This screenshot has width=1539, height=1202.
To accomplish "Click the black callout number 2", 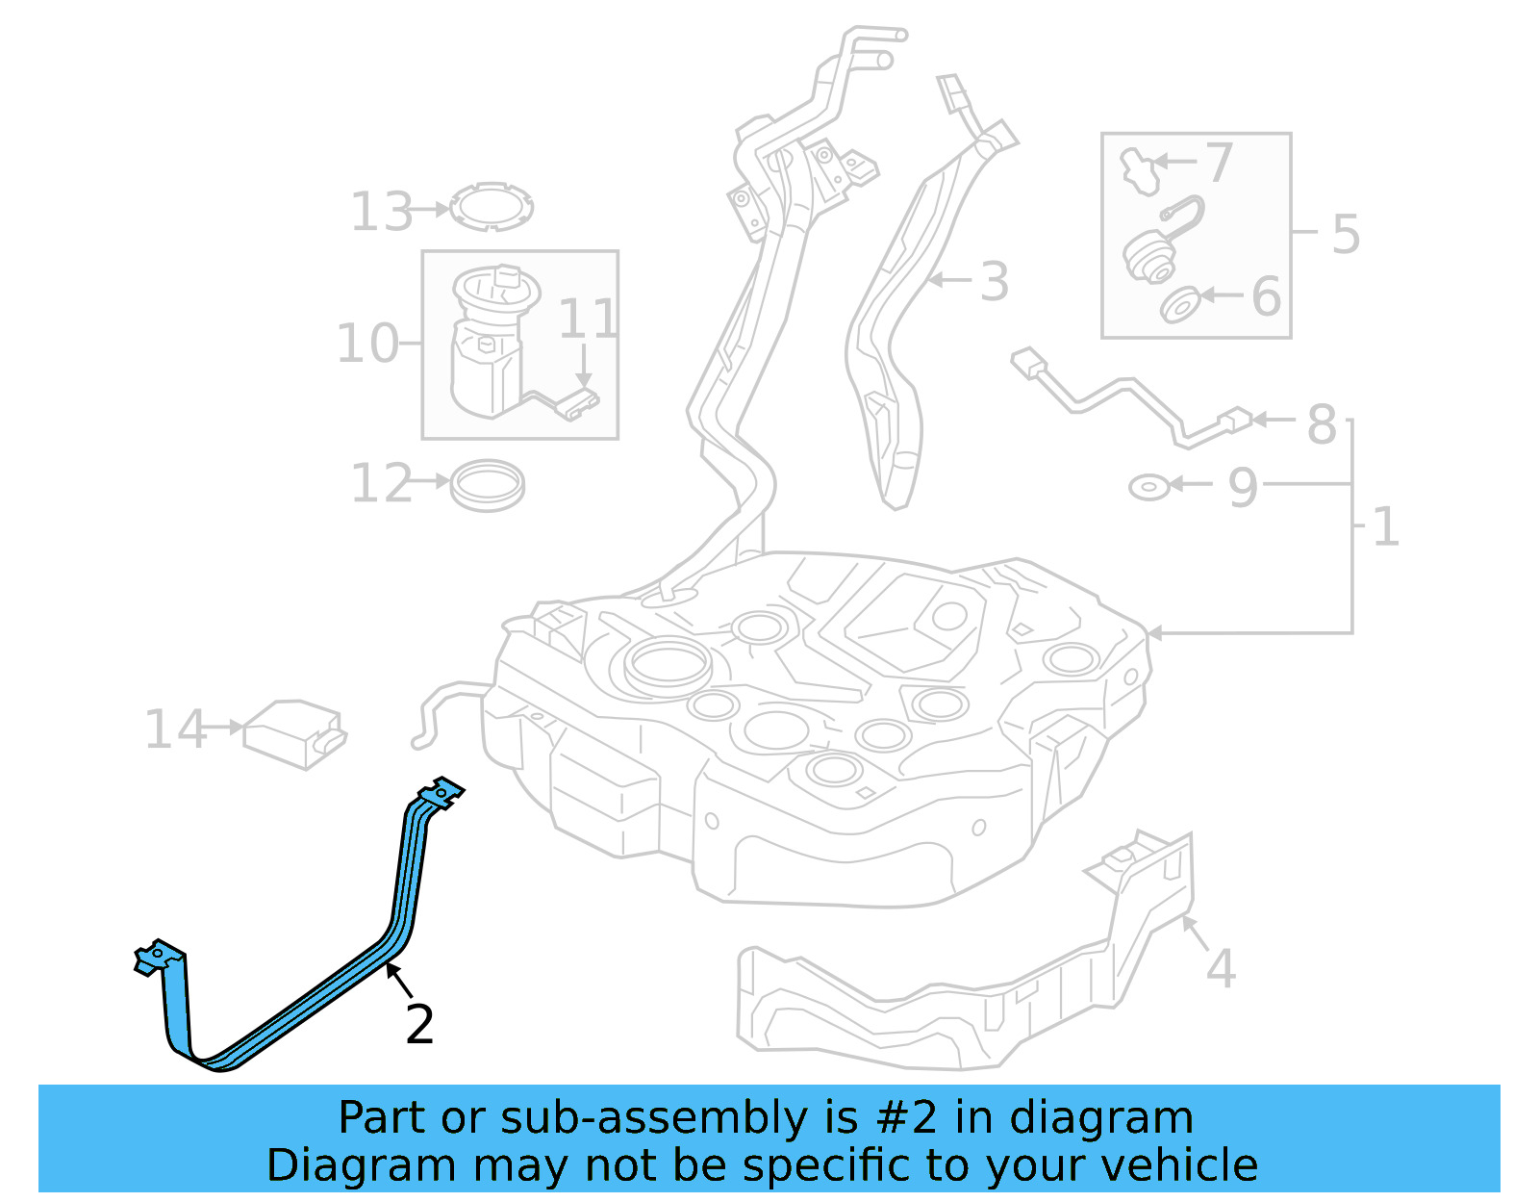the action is (x=419, y=1025).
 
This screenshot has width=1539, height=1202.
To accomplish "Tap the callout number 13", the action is (x=381, y=212).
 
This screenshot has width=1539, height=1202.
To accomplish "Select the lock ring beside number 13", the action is (x=492, y=206).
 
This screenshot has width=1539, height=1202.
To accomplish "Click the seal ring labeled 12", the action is (x=488, y=484).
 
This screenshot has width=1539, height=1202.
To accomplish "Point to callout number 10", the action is (x=366, y=344).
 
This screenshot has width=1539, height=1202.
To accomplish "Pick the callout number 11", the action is (x=587, y=319).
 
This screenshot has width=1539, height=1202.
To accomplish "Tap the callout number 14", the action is (x=174, y=729).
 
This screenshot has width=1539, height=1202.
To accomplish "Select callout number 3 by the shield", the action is (x=994, y=282).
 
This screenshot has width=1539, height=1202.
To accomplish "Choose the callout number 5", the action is (x=1346, y=234).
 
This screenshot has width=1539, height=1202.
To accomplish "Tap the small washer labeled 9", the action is (x=1148, y=487).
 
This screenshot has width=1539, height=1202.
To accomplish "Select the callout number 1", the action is (x=1385, y=527).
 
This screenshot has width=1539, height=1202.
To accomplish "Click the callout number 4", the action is (x=1220, y=968).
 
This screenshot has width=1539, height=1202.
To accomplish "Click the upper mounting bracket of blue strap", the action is (x=441, y=793).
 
